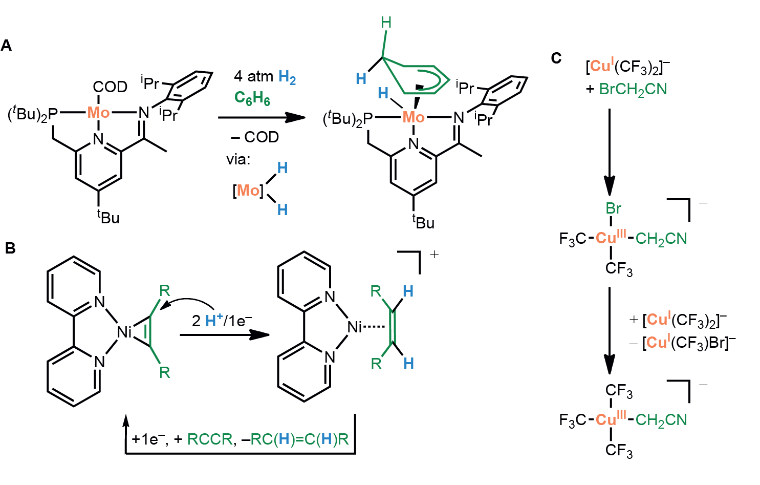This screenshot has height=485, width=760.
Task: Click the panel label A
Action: pos(7,46)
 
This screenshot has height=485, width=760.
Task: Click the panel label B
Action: pos(10,248)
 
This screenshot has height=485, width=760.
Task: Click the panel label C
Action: pos(556,58)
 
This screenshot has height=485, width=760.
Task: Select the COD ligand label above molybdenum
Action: pos(110,87)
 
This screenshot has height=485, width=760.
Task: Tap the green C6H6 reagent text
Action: pos(252,98)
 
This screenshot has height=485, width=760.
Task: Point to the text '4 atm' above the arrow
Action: pos(253,76)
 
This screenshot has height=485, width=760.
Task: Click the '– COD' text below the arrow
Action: pos(254,137)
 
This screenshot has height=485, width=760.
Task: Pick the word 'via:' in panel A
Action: pos(238,159)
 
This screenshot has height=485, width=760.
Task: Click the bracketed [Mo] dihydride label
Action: pos(248,191)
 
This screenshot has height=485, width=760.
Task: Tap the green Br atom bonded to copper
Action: pos(614,208)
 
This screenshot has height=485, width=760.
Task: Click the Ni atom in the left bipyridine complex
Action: pos(124,332)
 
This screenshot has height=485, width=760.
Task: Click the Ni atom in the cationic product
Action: pos(355,327)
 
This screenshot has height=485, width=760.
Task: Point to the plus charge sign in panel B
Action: pos(434,255)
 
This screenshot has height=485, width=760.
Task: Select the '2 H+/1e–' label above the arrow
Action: pos(222,321)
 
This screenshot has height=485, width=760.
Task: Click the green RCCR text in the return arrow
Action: pos(210,439)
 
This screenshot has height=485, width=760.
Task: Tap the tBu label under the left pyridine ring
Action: pos(108,217)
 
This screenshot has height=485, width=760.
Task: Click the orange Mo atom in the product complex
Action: pos(413,117)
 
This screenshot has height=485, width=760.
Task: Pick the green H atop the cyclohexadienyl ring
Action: pos(386,23)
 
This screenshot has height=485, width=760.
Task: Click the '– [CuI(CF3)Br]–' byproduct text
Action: pos(683,342)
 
